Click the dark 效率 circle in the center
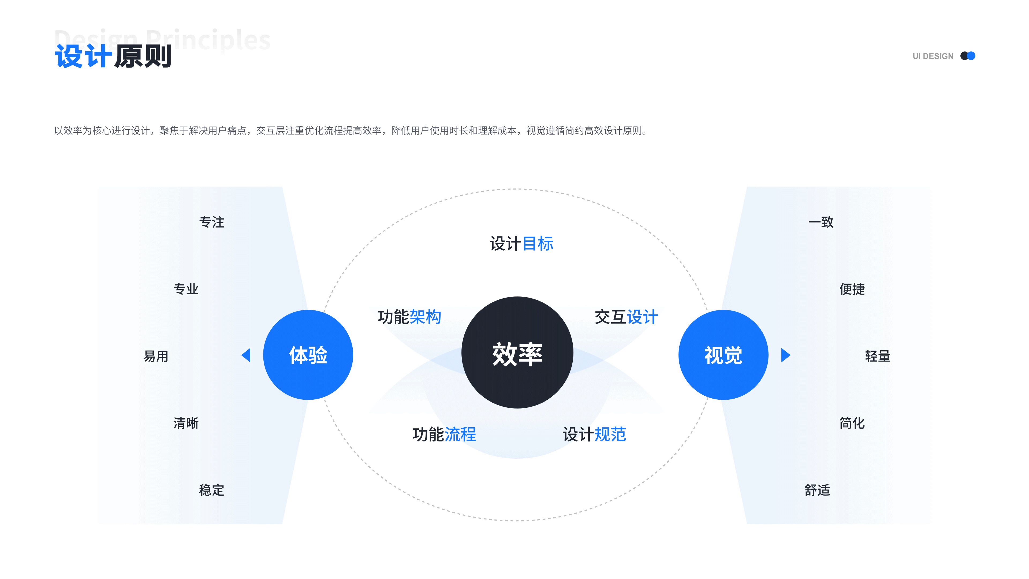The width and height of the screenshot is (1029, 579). (517, 352)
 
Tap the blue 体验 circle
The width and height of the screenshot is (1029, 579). (308, 355)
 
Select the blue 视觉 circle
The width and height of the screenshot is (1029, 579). (723, 355)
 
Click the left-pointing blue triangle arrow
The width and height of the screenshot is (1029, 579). (247, 355)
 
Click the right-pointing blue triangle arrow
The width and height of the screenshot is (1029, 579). (785, 355)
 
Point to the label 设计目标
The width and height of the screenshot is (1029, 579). (521, 243)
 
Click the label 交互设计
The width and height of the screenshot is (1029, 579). (626, 317)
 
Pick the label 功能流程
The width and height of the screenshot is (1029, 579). (444, 434)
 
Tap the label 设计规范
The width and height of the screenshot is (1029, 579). (594, 434)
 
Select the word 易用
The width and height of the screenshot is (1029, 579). (156, 356)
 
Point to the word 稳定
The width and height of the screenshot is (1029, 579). (212, 490)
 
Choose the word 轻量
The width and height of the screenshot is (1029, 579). (878, 356)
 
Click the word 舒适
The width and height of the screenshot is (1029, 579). (817, 490)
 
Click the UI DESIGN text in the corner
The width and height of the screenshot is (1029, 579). (933, 56)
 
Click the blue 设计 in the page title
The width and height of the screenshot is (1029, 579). (83, 56)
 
